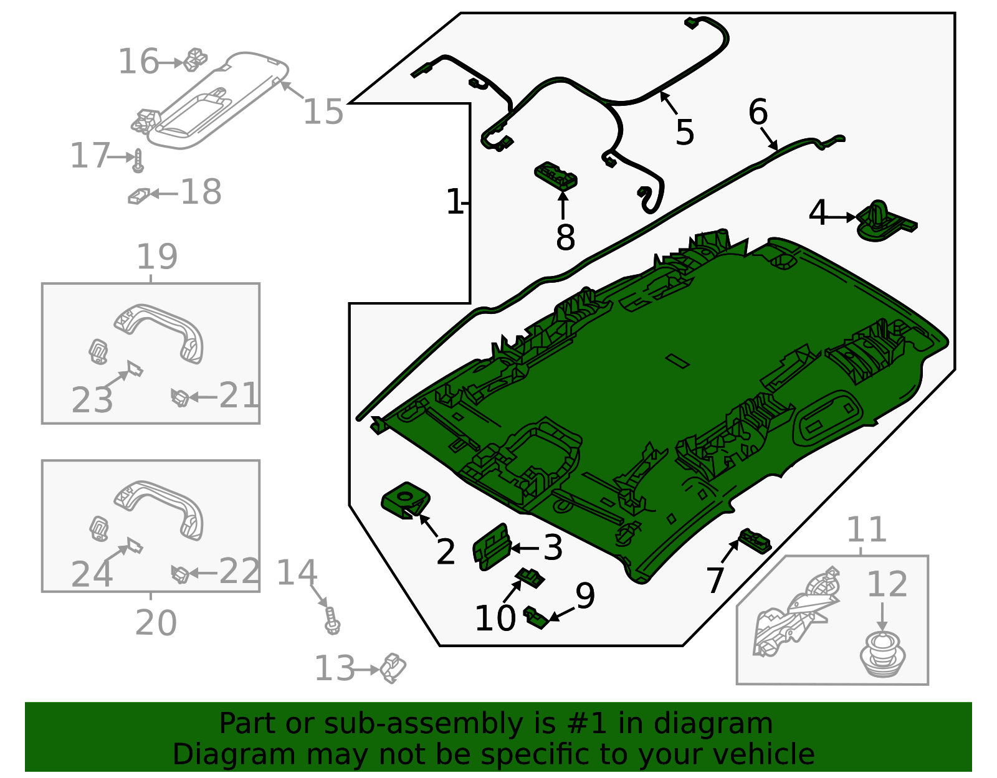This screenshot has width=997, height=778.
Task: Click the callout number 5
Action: (x=684, y=133)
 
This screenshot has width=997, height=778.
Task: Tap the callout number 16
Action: (x=138, y=62)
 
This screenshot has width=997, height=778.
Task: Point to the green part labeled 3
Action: (x=491, y=546)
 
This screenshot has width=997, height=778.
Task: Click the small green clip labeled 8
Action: (x=555, y=176)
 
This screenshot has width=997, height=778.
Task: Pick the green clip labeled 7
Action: (x=754, y=540)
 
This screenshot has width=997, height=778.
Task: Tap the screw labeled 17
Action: (x=138, y=161)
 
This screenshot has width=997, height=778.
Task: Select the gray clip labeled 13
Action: (x=393, y=668)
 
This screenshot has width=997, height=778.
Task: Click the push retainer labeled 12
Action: (x=882, y=654)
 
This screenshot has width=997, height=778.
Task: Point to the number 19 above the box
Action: (x=157, y=257)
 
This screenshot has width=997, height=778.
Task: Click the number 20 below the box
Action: (x=156, y=622)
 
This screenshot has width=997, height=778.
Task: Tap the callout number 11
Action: (x=866, y=530)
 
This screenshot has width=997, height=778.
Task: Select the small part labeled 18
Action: (x=138, y=196)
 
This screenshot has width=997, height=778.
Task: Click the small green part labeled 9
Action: (x=535, y=617)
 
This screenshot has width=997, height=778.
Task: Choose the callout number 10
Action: (x=495, y=619)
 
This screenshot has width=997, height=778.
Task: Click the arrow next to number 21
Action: (x=203, y=396)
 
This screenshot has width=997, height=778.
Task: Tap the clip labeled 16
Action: (x=195, y=59)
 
